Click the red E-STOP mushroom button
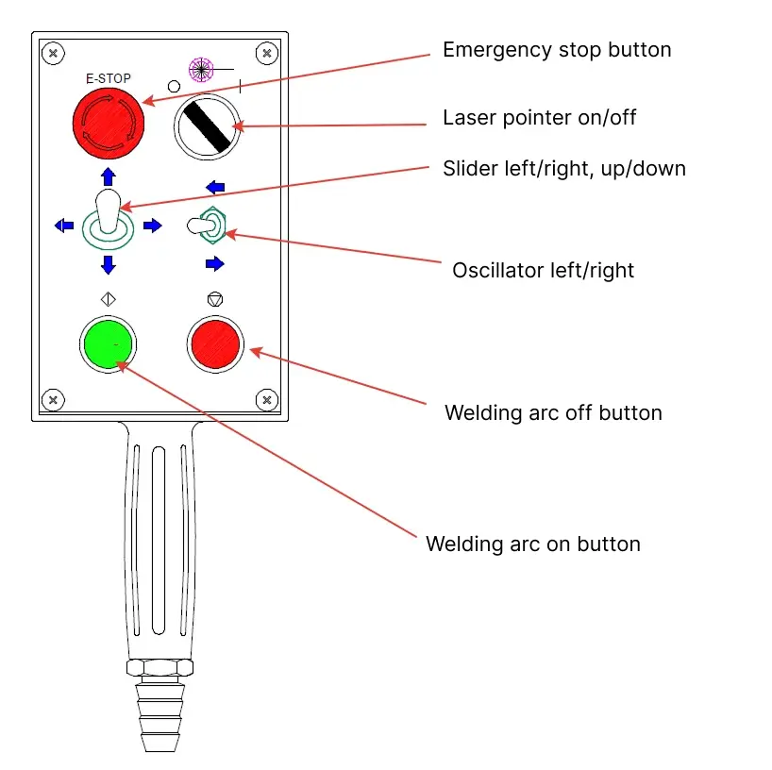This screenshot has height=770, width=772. coord(109,123)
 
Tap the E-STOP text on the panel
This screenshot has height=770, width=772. coord(109,79)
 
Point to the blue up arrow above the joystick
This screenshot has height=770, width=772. coord(108,176)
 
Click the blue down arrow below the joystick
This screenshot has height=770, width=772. coord(108,264)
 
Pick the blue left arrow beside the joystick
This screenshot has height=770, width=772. coord(64,225)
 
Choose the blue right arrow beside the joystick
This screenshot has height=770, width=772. coord(152,225)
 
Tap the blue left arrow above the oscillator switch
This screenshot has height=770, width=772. coord(215,187)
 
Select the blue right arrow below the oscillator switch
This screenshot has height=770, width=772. coord(215,263)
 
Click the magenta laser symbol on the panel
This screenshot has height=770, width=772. coord(200,69)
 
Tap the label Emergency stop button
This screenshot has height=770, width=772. coord(557,49)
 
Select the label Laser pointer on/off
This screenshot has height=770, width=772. coord(540,118)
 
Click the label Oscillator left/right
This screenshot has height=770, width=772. coord(543,270)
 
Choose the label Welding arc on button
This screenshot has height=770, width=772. coord(532,544)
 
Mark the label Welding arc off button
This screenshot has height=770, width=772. coord(553,412)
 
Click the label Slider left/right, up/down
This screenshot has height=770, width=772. coord(563,169)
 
